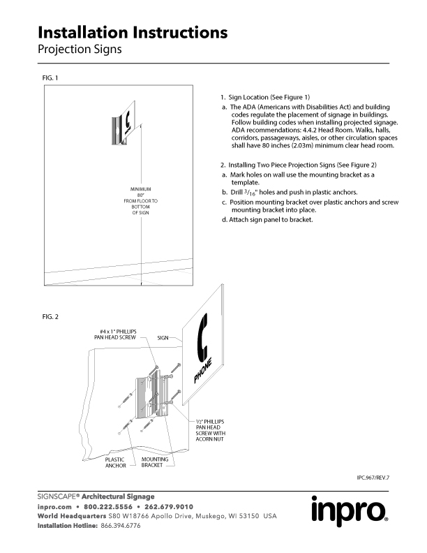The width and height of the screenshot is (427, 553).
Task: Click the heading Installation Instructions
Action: [x=133, y=32]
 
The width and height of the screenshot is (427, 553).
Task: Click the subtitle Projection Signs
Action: [x=80, y=50]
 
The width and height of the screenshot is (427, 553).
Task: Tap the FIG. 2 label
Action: [x=50, y=317]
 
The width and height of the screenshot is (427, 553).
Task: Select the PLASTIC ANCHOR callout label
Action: [x=115, y=462]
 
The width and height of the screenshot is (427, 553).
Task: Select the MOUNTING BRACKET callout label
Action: [x=154, y=462]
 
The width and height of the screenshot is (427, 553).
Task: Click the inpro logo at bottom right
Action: [x=349, y=512]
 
